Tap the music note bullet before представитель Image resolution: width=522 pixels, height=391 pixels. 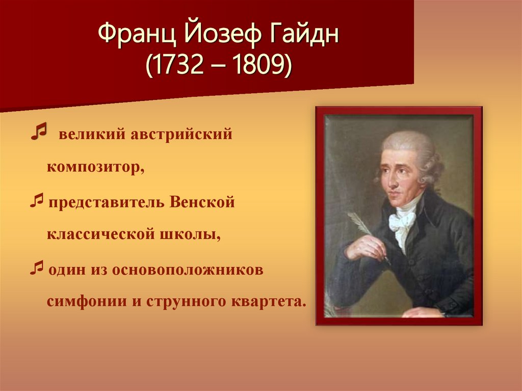(36, 201)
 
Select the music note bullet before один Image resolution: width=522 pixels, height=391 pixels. (36, 269)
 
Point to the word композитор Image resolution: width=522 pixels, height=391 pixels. (96, 168)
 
